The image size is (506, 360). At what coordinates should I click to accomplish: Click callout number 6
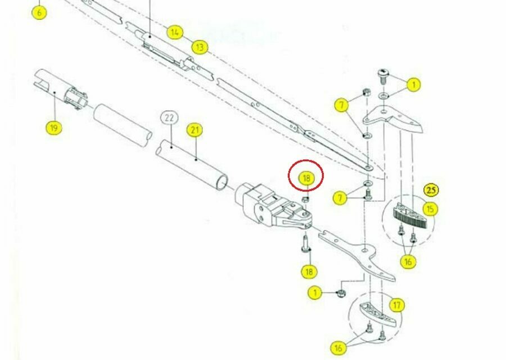coord(39,13)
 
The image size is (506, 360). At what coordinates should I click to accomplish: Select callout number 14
coord(175,32)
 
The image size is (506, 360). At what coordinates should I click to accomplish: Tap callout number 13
coord(200,47)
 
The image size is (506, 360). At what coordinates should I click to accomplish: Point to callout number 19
coord(54,128)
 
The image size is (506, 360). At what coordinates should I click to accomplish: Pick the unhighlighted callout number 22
coord(169,118)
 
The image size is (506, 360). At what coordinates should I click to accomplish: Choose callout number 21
coord(195,130)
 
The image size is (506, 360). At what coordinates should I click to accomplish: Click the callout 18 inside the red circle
coord(306,178)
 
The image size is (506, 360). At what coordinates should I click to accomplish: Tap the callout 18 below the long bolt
coord(309,272)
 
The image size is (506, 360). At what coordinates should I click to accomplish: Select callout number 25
coord(431,190)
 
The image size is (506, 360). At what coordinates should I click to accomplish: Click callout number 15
coord(430,209)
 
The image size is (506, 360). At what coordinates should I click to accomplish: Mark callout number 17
coord(397,305)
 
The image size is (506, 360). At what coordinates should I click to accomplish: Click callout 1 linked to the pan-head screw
coord(413,85)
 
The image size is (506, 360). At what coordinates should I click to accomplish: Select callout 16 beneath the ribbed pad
coord(408,261)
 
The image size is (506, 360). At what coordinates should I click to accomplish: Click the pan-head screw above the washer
coord(383,76)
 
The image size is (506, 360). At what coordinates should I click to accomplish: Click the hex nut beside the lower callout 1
coord(341,293)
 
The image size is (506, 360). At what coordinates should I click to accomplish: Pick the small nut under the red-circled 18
coord(305,199)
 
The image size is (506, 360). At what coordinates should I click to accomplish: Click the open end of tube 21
coord(222,182)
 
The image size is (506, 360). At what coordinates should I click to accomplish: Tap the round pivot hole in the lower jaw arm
coord(365,250)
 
